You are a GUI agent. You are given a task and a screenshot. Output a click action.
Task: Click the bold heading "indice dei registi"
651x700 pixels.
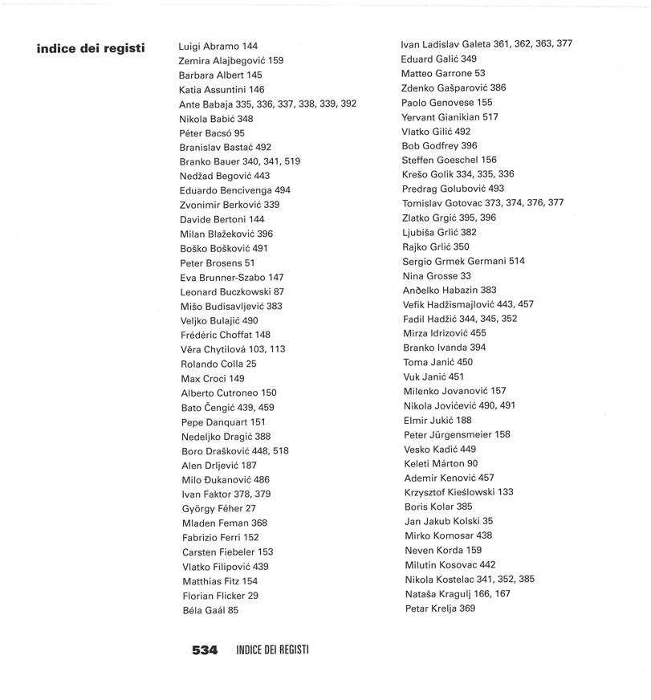91,48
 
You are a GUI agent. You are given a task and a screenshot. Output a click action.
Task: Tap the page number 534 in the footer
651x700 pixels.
205,650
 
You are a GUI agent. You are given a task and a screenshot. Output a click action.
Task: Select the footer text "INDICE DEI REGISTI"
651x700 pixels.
273,650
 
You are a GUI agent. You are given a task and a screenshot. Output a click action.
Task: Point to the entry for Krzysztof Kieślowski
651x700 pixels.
458,492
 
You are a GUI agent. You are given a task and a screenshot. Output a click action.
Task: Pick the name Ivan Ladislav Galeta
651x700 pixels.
446,44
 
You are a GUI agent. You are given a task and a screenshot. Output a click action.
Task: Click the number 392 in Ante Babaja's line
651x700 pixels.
348,104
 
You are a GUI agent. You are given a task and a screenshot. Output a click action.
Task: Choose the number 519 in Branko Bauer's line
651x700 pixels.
292,161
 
